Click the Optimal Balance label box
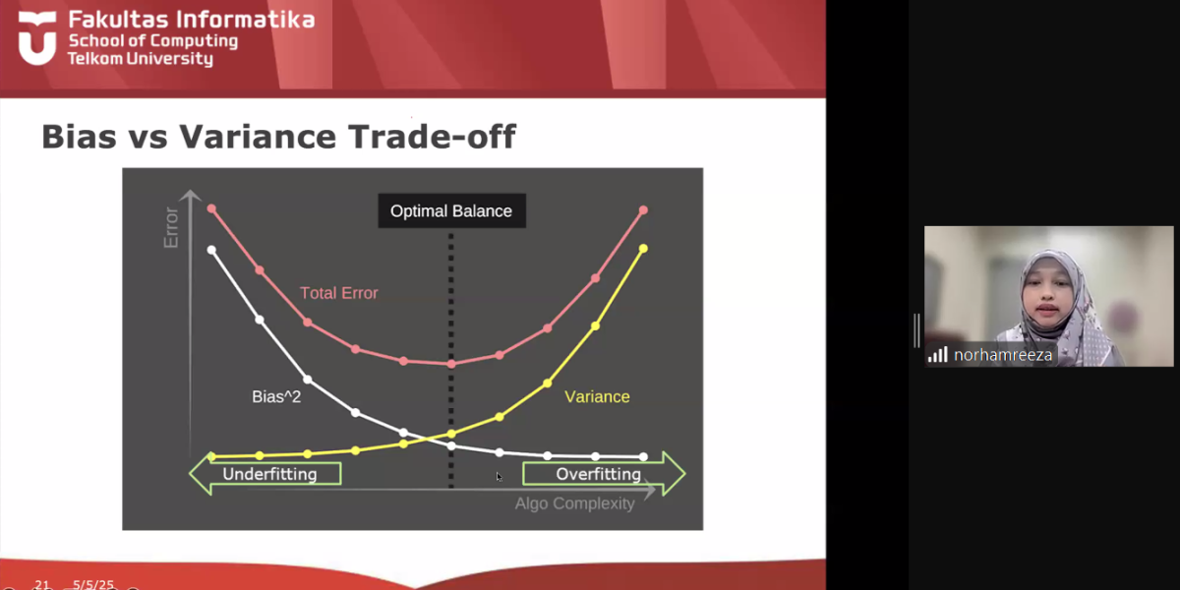pos(451,210)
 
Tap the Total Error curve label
pos(338,293)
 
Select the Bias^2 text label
pos(276,396)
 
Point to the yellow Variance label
pos(597,396)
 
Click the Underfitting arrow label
pos(269,474)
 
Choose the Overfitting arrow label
pos(599,474)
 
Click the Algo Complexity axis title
pos(574,503)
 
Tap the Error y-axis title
pos(171,227)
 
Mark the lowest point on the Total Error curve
pos(451,364)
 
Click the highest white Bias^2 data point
pos(211,250)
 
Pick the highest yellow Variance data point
pos(643,248)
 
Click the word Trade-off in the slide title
pos(432,137)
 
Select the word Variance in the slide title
pos(258,137)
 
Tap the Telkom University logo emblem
pos(37,38)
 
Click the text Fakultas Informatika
pos(192,20)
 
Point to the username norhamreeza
pos(1003,355)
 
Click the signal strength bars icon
pos(938,355)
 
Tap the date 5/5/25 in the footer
pos(93,585)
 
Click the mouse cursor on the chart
pos(499,477)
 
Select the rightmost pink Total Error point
pos(643,210)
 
